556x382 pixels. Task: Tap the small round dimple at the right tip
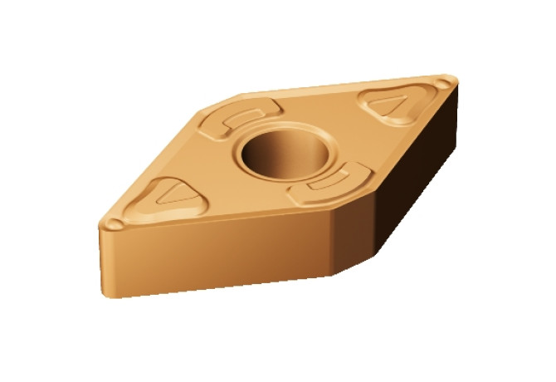click(x=446, y=82)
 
